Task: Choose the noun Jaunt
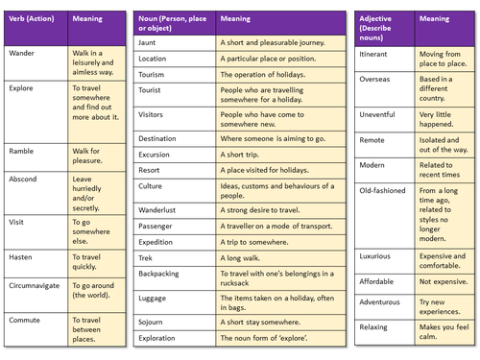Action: (149, 43)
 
